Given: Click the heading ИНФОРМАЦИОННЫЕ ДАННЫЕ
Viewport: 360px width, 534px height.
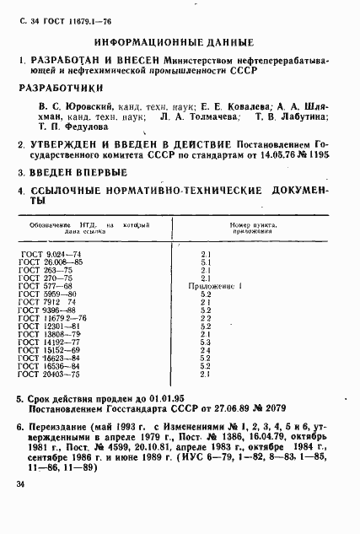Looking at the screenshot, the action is (174, 40).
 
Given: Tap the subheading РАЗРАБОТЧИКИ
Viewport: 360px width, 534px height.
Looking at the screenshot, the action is (67, 88).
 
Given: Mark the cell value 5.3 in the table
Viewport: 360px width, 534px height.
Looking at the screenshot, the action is (205, 341).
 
